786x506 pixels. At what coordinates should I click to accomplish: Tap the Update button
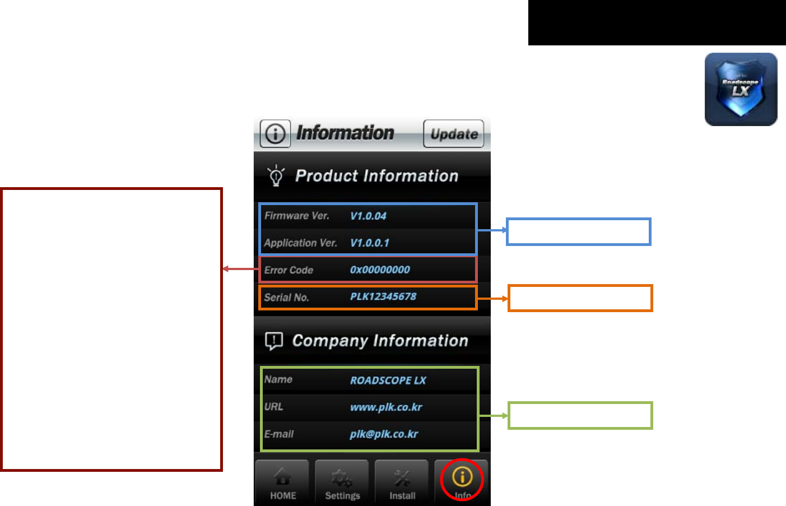tap(453, 134)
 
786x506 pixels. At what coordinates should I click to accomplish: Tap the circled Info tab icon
tap(462, 478)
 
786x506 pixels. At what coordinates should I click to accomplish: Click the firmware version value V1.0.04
tap(368, 216)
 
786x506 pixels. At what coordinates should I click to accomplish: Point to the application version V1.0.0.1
tap(369, 243)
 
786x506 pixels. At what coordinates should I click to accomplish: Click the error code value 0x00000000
tap(380, 270)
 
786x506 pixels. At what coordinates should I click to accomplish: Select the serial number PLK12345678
tap(383, 296)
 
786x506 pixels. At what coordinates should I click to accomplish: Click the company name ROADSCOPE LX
tap(388, 380)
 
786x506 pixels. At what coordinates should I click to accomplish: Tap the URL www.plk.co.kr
tap(386, 407)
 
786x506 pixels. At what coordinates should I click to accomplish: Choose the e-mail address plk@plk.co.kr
tap(384, 434)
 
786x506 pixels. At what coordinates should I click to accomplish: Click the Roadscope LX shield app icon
tap(741, 89)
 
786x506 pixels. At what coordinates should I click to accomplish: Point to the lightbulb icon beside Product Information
tap(276, 175)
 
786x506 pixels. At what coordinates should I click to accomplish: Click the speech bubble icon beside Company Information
tap(274, 341)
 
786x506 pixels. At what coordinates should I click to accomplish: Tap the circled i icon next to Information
tap(275, 134)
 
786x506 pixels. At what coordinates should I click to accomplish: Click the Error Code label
tap(289, 270)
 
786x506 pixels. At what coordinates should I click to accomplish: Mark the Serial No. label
tap(286, 298)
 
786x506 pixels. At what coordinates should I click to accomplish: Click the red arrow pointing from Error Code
tap(241, 269)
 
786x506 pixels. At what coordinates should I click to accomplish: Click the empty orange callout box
tap(580, 298)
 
